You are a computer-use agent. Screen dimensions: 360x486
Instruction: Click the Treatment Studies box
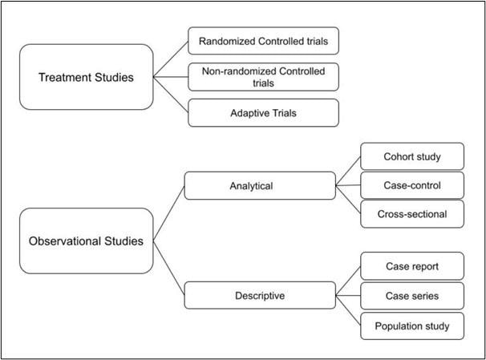[x=85, y=77]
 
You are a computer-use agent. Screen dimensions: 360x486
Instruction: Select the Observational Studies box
[x=85, y=241]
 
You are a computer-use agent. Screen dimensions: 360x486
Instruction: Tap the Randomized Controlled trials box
[x=263, y=38]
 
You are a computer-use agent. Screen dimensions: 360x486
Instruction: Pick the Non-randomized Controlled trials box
[x=263, y=76]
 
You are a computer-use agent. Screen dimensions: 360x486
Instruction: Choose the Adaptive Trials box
[x=263, y=113]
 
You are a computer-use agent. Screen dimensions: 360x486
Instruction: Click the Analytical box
[x=260, y=186]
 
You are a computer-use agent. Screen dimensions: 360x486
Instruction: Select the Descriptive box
[x=260, y=295]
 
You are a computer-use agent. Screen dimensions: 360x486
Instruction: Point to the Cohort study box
[x=411, y=157]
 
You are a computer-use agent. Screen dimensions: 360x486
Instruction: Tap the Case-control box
[x=411, y=185]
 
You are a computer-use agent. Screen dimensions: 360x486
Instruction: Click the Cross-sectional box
[x=411, y=213]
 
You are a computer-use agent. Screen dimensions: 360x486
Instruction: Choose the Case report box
[x=411, y=266]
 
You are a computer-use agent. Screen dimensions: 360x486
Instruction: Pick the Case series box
[x=411, y=295]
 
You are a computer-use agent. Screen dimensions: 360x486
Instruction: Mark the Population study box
[x=411, y=326]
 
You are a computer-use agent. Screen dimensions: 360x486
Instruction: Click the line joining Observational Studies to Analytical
[x=168, y=213]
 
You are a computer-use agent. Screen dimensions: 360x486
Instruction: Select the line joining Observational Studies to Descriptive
[x=168, y=267]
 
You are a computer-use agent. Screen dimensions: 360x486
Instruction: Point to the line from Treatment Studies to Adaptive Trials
[x=171, y=95]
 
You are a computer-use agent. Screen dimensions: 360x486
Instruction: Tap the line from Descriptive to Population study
[x=348, y=310]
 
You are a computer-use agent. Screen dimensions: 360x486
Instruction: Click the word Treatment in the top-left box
[x=63, y=77]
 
